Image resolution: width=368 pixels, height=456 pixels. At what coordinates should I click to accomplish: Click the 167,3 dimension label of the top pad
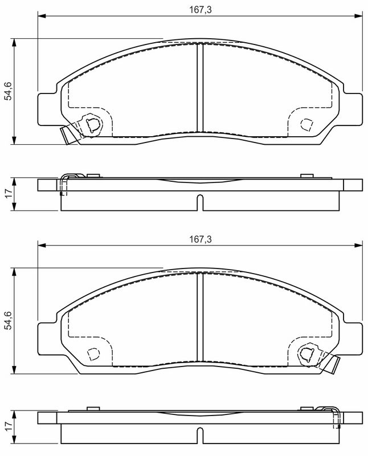click(201, 10)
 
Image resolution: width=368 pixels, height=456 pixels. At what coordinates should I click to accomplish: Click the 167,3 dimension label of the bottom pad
click(201, 239)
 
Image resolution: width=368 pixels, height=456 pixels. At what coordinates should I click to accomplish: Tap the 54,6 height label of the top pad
click(8, 91)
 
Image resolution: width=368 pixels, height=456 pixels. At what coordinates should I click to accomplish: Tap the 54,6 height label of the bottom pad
click(8, 320)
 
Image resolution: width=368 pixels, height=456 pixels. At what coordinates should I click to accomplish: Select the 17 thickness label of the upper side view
click(8, 194)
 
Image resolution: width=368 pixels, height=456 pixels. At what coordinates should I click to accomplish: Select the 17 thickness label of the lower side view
click(8, 426)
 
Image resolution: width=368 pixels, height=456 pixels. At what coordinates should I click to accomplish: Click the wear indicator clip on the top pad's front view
click(69, 135)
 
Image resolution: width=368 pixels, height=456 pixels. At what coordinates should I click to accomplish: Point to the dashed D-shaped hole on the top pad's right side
click(306, 125)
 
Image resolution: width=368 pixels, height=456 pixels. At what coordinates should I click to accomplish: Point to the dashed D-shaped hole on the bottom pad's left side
click(93, 354)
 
